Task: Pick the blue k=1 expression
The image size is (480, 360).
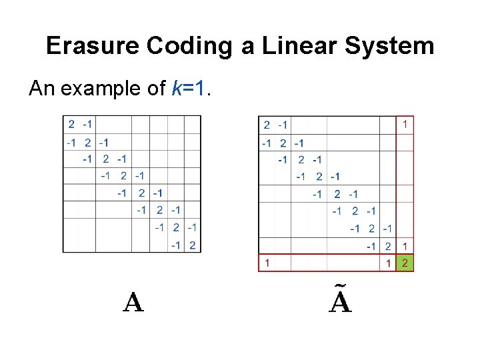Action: (191, 88)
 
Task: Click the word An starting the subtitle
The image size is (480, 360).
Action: (42, 88)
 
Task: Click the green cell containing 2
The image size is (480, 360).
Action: (405, 263)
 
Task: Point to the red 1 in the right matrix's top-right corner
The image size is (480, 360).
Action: (405, 124)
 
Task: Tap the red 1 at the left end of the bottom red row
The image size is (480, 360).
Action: (267, 263)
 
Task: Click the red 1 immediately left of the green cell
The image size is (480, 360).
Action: (388, 263)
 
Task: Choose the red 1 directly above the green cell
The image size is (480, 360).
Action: (405, 246)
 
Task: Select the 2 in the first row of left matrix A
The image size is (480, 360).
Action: (71, 124)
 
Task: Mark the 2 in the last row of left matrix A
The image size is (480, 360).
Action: (192, 245)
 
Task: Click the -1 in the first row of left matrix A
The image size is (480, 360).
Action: (87, 124)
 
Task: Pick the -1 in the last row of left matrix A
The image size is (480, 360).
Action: (175, 245)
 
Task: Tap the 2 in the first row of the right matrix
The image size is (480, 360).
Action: (267, 125)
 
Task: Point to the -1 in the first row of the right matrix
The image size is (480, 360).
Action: (283, 125)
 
